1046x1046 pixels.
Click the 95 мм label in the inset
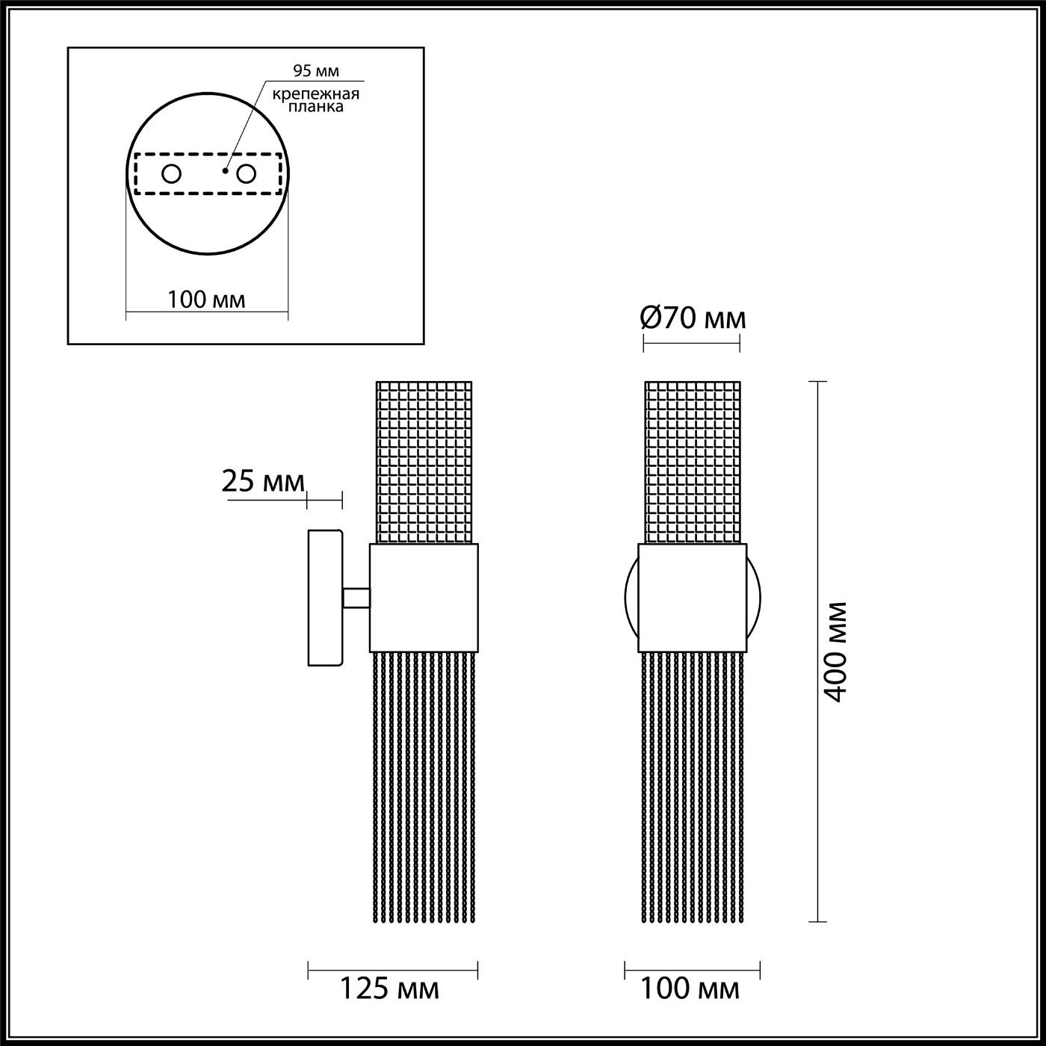[315, 71]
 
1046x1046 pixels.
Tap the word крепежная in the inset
[315, 94]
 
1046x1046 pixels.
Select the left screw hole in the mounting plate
[172, 174]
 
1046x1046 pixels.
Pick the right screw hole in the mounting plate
[246, 174]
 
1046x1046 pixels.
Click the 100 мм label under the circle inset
[206, 300]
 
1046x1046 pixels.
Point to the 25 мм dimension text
[263, 482]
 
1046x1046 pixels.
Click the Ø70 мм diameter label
[693, 319]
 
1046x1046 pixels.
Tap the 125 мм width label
[389, 989]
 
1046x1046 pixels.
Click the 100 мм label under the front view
[690, 989]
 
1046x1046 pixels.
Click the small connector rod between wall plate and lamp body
[356, 598]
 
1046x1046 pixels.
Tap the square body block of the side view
[424, 598]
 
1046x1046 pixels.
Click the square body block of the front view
[692, 598]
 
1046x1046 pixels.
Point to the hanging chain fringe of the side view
[424, 784]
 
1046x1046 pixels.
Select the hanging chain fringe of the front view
[693, 784]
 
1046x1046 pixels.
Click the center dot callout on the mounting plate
[225, 170]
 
